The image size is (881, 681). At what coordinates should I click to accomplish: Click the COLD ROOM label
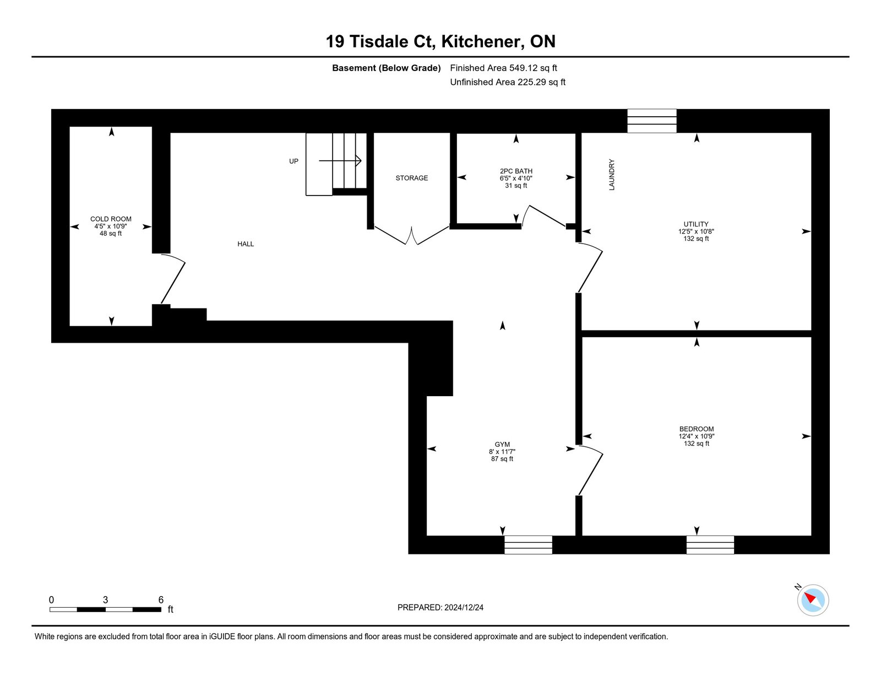(111, 219)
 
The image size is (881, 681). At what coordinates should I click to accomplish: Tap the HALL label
(246, 244)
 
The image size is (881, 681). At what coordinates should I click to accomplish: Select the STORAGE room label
(411, 178)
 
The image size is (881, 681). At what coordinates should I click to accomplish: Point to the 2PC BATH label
(516, 171)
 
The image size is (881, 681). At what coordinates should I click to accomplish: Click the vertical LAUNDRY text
(612, 175)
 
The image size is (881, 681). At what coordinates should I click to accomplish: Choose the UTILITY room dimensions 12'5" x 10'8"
(696, 231)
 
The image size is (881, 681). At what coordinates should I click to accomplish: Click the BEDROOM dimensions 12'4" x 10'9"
(697, 436)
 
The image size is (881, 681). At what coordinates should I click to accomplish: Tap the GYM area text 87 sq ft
(502, 459)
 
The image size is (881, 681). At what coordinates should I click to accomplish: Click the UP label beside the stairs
(293, 161)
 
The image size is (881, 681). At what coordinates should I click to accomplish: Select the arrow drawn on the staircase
(340, 161)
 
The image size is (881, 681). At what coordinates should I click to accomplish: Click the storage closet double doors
(411, 235)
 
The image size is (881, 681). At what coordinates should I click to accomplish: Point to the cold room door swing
(172, 279)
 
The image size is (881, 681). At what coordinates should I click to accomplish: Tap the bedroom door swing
(590, 471)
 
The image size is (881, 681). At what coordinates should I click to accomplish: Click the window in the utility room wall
(652, 121)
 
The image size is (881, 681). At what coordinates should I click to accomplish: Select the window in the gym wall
(528, 544)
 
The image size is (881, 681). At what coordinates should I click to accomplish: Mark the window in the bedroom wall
(710, 544)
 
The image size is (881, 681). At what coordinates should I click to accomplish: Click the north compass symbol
(812, 599)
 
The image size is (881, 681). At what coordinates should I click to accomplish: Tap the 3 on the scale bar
(105, 600)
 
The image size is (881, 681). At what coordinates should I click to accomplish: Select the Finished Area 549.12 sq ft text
(503, 68)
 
